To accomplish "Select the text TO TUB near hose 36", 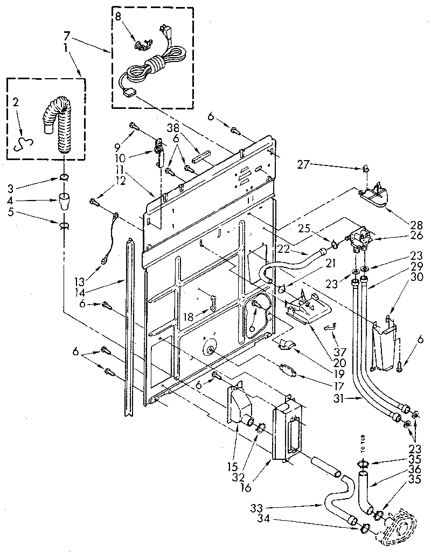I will click(x=363, y=447).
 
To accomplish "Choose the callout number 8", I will click(x=119, y=16).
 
